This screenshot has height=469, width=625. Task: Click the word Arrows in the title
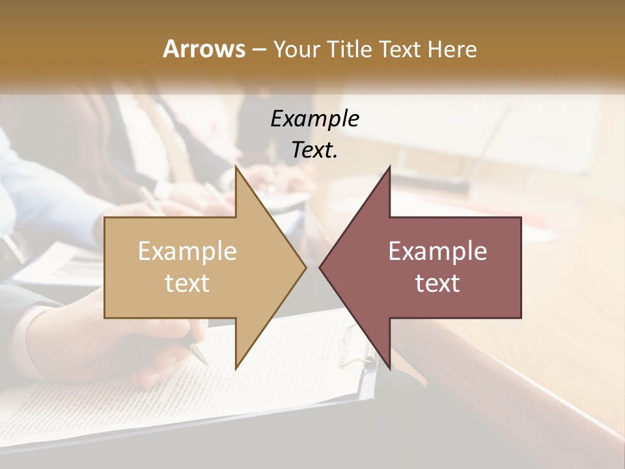(x=204, y=49)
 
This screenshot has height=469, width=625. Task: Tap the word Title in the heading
(x=352, y=49)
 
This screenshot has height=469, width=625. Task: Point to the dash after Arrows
(x=258, y=50)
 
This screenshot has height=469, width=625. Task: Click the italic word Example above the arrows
(x=315, y=119)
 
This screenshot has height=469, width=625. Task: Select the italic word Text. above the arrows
(x=315, y=150)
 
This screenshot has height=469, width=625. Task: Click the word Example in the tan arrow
(x=187, y=251)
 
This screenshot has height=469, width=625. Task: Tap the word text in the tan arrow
(x=187, y=283)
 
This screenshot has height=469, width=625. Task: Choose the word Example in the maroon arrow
(x=437, y=251)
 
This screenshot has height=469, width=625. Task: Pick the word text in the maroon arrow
(x=437, y=283)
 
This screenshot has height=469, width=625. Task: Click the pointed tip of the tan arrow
(x=305, y=267)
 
